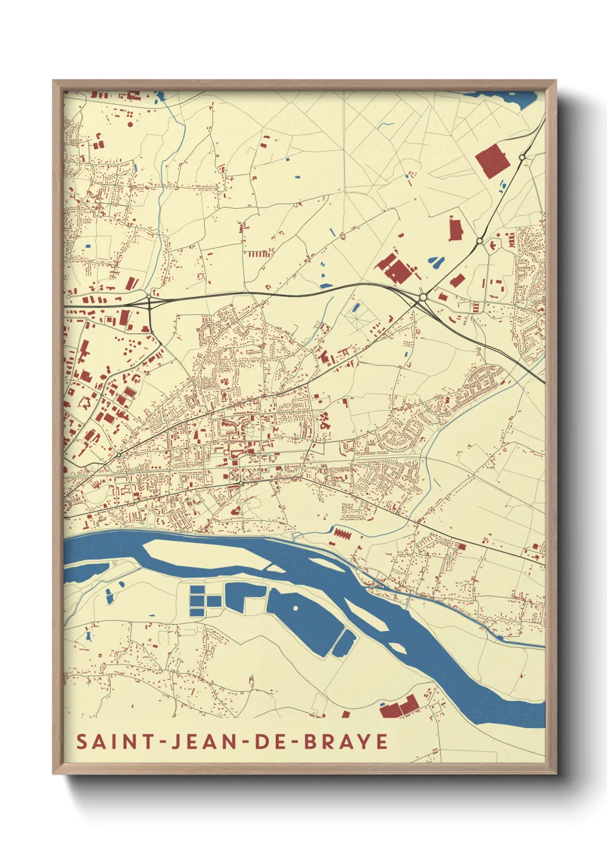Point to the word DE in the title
pos(271,741)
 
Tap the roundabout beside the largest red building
pos(522,157)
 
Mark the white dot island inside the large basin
pos(295,607)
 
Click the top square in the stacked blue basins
pos(197,589)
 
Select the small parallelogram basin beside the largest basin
pos(343,642)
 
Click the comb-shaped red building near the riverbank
pos(341,533)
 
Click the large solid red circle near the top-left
pos(130,124)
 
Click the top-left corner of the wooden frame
pos(55,82)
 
